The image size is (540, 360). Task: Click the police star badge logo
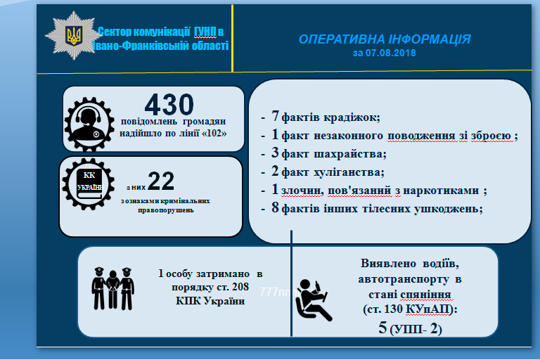pyautogui.click(x=73, y=36)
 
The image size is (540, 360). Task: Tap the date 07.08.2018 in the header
pyautogui.click(x=390, y=53)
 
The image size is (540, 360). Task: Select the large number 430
pyautogui.click(x=169, y=104)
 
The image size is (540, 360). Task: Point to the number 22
pyautogui.click(x=161, y=181)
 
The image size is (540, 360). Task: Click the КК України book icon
pyautogui.click(x=89, y=184)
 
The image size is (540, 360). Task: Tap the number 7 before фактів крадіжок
pyautogui.click(x=275, y=116)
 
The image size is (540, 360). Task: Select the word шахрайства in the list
pyautogui.click(x=350, y=154)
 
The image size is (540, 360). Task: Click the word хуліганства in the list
pyautogui.click(x=349, y=172)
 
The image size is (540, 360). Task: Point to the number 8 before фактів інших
pyautogui.click(x=275, y=207)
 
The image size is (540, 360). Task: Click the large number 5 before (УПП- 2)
pyautogui.click(x=382, y=327)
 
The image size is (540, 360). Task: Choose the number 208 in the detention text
pyautogui.click(x=240, y=287)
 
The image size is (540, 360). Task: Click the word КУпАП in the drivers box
pyautogui.click(x=427, y=309)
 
